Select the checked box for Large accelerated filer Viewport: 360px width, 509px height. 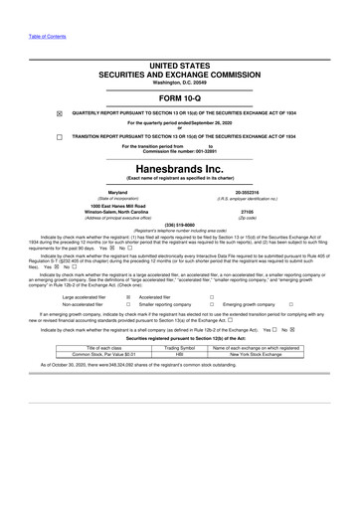coord(128,296)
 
